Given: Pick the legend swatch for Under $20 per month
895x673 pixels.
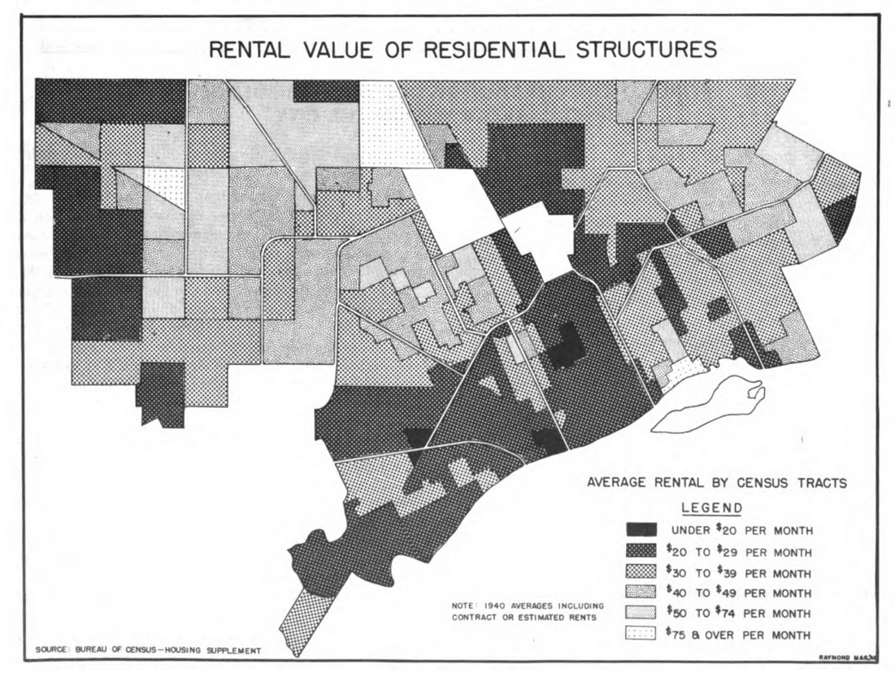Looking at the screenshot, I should tap(641, 530).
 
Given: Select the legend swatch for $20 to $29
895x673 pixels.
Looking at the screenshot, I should tap(641, 551).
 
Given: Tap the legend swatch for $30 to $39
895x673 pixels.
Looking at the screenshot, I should tap(641, 571).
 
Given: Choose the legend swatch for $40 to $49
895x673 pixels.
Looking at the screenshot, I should tap(641, 592).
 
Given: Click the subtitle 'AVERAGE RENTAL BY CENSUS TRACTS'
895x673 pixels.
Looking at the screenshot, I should tap(716, 483).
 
